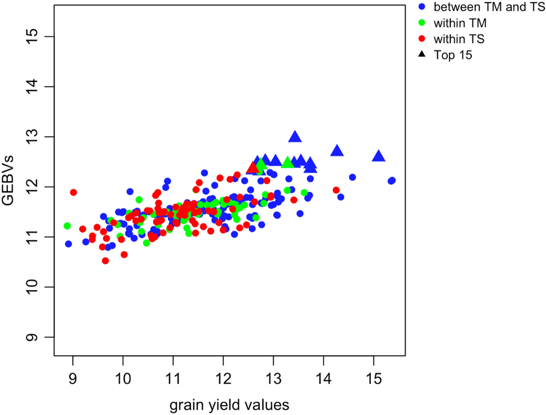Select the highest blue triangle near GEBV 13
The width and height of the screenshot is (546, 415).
pyautogui.click(x=295, y=137)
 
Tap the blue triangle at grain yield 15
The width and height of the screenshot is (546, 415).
pyautogui.click(x=379, y=156)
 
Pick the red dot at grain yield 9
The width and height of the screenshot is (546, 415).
pyautogui.click(x=73, y=192)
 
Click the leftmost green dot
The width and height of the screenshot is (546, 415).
pyautogui.click(x=67, y=226)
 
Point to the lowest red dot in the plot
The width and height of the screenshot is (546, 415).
pyautogui.click(x=105, y=260)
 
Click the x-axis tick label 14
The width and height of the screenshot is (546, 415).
pyautogui.click(x=323, y=379)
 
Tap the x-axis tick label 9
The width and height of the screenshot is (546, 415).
pyautogui.click(x=73, y=379)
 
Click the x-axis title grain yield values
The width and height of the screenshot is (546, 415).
pyautogui.click(x=229, y=405)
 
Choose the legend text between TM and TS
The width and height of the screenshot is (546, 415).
pyautogui.click(x=489, y=7)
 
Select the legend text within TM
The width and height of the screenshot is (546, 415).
pyautogui.click(x=460, y=23)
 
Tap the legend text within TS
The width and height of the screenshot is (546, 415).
pyautogui.click(x=459, y=39)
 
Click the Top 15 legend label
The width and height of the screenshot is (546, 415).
pyautogui.click(x=453, y=55)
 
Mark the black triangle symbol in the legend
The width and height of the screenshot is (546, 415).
pyautogui.click(x=422, y=54)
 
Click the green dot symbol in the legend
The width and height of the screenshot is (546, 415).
pyautogui.click(x=422, y=23)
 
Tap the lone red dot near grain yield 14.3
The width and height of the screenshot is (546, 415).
pyautogui.click(x=336, y=190)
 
